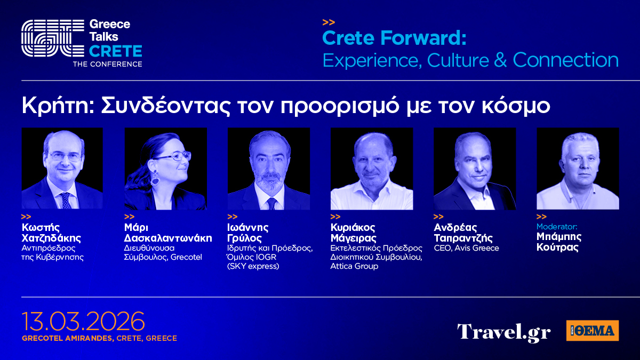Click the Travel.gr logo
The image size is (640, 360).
[503, 332]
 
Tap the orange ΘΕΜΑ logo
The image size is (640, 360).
[593, 331]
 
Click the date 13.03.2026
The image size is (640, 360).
[83, 321]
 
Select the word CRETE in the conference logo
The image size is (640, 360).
[115, 51]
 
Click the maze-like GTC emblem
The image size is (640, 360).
[53, 38]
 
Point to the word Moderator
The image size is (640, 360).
[557, 227]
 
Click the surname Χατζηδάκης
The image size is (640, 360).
[51, 238]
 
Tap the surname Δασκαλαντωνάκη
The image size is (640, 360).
[168, 238]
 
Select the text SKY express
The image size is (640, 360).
[253, 266]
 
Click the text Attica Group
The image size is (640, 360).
[354, 266]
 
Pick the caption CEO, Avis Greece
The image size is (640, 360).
[466, 248]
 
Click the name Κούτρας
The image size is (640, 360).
[557, 247]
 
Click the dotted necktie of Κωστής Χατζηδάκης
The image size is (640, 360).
[66, 201]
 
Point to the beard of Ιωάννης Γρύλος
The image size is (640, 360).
[269, 181]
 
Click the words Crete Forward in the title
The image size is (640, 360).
[394, 38]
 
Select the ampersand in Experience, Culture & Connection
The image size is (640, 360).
[500, 60]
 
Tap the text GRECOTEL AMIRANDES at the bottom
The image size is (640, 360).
[68, 338]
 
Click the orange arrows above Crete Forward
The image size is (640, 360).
[329, 22]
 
